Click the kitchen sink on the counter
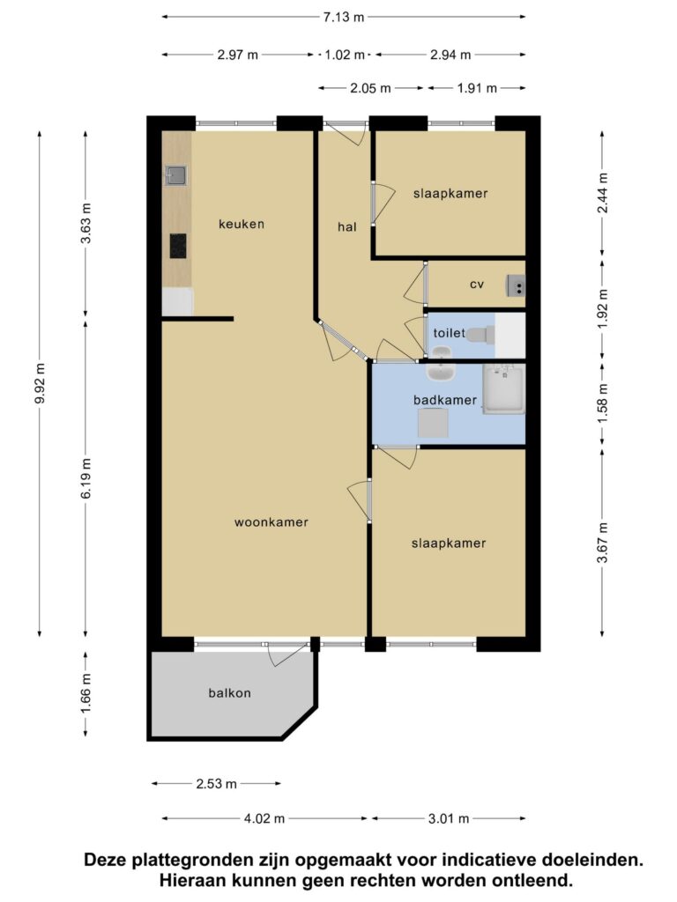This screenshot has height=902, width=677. pos(176,176)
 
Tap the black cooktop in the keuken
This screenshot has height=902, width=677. pos(178,247)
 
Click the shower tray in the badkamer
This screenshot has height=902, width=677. pos(503,388)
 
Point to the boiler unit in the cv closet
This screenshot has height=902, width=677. pos(516,286)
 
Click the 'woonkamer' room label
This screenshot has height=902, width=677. pos(272,522)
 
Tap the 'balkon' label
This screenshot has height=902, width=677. pos(230,693)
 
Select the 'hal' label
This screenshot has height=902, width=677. pos(347,226)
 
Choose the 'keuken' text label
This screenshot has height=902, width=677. pos(242,224)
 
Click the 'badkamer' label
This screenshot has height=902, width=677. pos(445,400)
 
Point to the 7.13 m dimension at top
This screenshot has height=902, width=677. pos(344,17)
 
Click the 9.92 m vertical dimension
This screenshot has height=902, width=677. pos(40,384)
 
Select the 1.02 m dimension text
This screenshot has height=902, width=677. pos(345,55)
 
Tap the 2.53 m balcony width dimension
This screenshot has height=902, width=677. pos(217,783)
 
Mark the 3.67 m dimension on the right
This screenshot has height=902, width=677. pos(602,543)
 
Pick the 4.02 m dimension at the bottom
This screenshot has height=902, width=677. pos(264,818)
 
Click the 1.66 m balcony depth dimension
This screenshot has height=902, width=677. pos(86,694)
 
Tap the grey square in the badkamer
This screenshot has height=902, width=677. pos(433,423)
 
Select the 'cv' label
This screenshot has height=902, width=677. pos(477,285)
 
